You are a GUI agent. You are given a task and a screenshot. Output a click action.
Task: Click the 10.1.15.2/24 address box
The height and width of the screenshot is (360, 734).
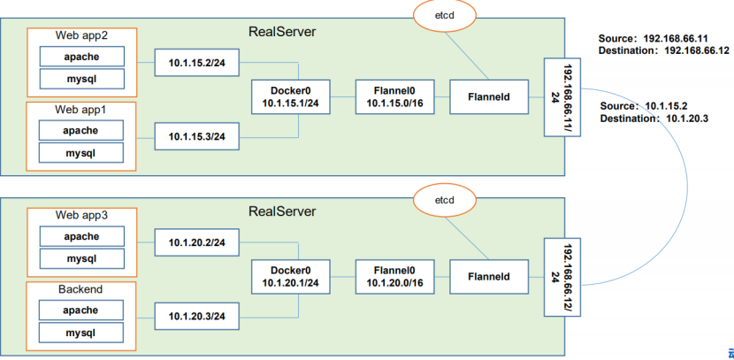(x=196, y=63)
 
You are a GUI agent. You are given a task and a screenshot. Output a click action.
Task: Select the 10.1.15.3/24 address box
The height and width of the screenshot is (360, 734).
(x=196, y=137)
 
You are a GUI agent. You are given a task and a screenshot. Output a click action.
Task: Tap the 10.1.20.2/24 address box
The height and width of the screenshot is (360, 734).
(x=196, y=241)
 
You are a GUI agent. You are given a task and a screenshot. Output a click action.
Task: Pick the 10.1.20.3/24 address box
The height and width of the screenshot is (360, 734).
(x=196, y=316)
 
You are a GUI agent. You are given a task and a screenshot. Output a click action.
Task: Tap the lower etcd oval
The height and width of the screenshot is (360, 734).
(x=445, y=200)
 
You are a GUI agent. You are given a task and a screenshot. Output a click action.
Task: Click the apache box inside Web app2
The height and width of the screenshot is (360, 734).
(x=80, y=56)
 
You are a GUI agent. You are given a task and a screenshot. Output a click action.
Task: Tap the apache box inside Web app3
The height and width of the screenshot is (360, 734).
(x=80, y=236)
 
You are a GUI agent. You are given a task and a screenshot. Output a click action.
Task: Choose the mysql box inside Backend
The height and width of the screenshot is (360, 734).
(x=80, y=333)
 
